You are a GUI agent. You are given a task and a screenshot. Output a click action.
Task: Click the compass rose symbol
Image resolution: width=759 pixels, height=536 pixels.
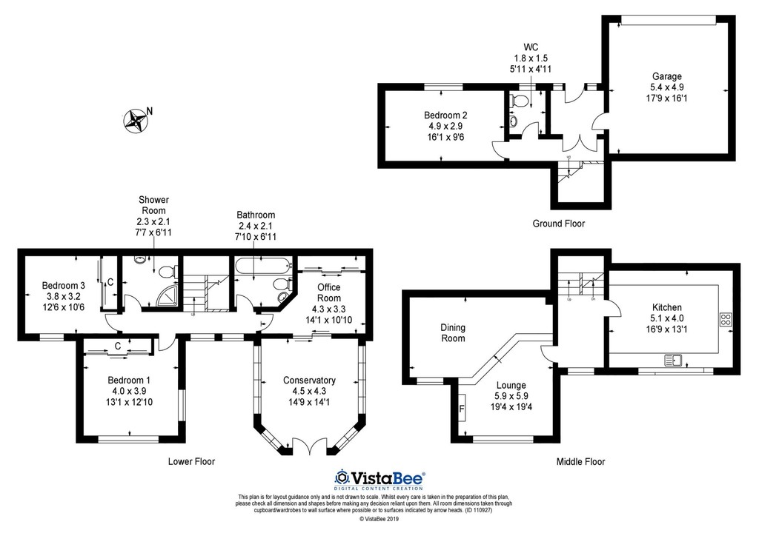tap(136, 121)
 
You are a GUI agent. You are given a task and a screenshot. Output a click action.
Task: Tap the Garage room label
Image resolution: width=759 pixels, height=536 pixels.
tap(667, 76)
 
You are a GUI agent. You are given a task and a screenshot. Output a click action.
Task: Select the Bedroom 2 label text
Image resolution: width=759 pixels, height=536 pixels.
tap(445, 115)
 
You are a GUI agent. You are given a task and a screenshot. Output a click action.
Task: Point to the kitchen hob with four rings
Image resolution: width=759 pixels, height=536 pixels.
tap(726, 320)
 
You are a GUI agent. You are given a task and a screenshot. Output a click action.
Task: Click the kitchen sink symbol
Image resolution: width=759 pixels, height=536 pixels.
tap(673, 360)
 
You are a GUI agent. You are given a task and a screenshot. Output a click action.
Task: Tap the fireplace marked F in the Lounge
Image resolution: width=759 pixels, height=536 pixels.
tap(462, 409)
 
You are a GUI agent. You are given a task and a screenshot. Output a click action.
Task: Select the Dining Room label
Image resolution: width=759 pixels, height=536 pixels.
tap(453, 333)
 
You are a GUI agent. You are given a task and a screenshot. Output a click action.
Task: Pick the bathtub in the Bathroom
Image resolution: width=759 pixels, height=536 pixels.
tap(262, 265)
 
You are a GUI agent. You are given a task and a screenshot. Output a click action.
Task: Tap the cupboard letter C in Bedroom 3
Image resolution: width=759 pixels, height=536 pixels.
tap(110, 282)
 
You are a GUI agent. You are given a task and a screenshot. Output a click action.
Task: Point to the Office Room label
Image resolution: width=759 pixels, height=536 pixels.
tap(329, 292)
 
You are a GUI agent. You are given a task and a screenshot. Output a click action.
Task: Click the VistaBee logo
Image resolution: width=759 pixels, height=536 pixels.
tap(380, 479)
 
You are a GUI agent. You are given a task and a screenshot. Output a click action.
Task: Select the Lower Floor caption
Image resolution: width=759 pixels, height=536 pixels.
tap(191, 461)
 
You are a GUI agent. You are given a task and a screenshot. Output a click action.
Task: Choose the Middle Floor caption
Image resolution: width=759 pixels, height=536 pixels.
tap(580, 461)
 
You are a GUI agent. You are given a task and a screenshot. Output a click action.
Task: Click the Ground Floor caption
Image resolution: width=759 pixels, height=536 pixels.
tap(559, 224)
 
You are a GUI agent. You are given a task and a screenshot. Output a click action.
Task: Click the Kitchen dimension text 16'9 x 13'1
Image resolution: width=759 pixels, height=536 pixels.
tap(667, 329)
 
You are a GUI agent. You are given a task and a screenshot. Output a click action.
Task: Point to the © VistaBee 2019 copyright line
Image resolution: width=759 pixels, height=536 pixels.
tap(379, 520)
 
